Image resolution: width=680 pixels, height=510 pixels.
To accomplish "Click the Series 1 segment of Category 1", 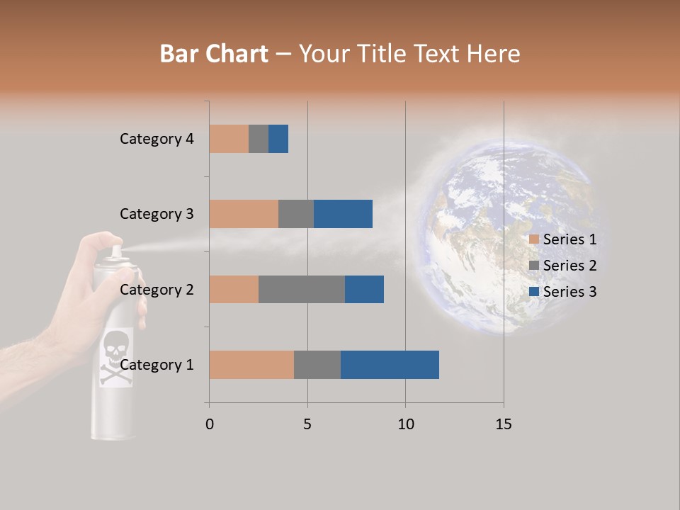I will point(251,365).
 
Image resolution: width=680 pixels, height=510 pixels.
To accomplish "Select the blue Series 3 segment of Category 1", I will point(390,365).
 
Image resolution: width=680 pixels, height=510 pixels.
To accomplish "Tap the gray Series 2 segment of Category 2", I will point(302,289).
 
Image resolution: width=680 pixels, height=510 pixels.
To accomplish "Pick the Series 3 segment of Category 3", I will point(343,214).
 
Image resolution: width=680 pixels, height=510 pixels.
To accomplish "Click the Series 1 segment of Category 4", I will point(229,139).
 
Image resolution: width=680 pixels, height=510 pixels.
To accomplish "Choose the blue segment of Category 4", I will point(278,139).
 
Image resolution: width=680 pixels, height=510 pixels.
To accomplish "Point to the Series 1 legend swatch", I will point(534,239).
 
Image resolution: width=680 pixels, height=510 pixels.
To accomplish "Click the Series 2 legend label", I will point(569,266).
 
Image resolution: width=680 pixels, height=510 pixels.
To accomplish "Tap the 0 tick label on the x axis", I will point(210,424).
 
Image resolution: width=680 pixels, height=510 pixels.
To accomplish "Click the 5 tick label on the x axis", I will point(307,424).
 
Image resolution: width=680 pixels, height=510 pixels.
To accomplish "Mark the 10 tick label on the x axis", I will point(405,424).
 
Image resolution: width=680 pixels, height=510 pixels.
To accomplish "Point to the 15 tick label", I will point(504,424).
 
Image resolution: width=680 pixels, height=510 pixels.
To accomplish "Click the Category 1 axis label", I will point(157,365).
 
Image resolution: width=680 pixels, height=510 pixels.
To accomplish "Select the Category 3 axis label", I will point(157,214).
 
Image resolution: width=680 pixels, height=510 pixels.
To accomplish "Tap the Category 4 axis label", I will point(157,139).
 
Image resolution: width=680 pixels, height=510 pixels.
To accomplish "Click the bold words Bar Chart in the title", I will point(214,54).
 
